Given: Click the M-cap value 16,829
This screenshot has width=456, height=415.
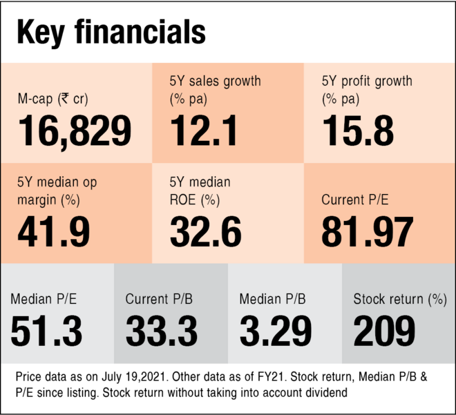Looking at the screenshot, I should point(75,131).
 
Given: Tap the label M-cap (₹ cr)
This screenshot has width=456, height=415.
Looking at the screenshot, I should point(53,99).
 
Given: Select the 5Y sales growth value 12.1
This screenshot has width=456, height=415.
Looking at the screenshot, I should point(204,131).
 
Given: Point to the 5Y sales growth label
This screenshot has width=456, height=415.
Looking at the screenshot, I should point(215,90).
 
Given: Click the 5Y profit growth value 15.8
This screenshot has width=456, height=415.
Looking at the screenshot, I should point(358,131).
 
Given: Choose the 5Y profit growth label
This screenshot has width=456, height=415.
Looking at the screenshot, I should point(367,90).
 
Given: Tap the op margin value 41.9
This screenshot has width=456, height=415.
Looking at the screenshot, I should point(54,232).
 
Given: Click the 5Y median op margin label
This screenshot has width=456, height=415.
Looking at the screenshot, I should point(57,191).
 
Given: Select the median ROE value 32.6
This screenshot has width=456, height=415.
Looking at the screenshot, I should point(206,232).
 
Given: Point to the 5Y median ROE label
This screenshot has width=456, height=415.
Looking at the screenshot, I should point(200,191).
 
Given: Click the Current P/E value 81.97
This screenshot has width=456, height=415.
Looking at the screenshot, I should point(368,232).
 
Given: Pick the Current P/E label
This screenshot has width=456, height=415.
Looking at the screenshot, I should point(355,200).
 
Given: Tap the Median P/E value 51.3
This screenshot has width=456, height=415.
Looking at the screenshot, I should point(46,331).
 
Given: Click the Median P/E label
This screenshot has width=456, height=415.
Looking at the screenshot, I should point(44,299).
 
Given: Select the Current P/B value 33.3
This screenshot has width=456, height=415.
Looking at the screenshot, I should point(162,331).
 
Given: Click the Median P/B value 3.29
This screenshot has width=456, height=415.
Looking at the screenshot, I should point(276,331).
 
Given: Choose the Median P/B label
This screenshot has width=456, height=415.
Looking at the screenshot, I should point(272,299).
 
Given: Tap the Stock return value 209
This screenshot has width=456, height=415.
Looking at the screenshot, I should point(385,331).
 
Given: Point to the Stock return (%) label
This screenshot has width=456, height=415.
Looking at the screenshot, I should point(400,299).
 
